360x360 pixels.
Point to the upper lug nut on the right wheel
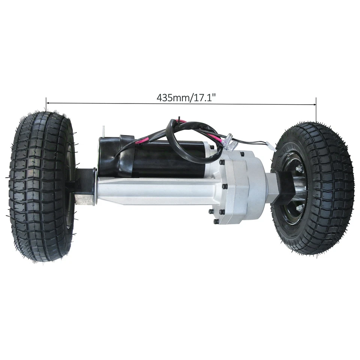300,170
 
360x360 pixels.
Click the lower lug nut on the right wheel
299,207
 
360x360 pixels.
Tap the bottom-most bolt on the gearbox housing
216,222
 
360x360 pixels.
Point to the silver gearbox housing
240,187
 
